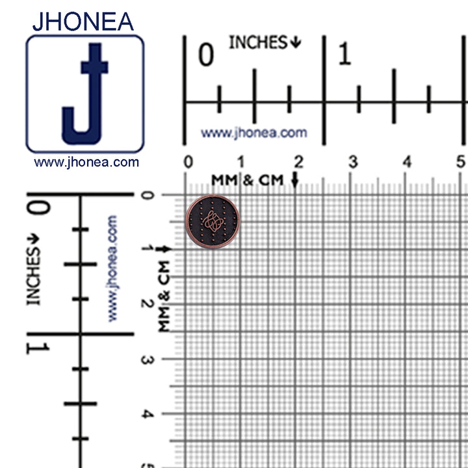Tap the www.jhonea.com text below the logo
86,162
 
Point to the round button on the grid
213,223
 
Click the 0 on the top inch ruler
205,56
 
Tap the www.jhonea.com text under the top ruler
253,133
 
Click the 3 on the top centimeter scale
353,161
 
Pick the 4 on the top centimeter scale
407,161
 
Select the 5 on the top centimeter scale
461,161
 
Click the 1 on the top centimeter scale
240,161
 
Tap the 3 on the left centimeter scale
148,359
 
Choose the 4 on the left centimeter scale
148,413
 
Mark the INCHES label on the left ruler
33,276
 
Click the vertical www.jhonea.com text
112,268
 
